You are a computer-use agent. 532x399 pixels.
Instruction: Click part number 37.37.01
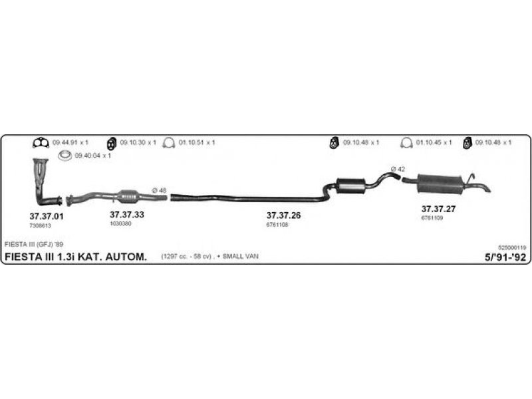click(x=46, y=216)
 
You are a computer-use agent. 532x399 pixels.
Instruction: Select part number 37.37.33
click(x=126, y=214)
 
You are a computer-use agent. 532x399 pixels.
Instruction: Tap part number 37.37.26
click(x=283, y=215)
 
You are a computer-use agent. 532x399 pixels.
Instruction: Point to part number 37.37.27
click(x=438, y=209)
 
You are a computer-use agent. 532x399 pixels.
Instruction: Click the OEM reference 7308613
click(x=40, y=225)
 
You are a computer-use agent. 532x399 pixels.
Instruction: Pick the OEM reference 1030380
click(x=120, y=224)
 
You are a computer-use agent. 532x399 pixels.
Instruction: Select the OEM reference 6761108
click(x=277, y=225)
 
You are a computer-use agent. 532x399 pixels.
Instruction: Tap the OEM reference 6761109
click(x=432, y=218)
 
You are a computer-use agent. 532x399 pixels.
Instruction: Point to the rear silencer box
click(x=440, y=184)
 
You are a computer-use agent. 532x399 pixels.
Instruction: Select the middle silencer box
click(x=350, y=186)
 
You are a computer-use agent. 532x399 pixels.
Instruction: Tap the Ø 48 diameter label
click(x=159, y=191)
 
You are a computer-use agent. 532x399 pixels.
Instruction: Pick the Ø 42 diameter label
click(x=398, y=169)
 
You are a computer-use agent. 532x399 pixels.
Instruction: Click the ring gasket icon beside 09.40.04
click(x=65, y=156)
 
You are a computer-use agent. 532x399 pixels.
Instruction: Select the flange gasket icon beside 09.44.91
click(x=41, y=143)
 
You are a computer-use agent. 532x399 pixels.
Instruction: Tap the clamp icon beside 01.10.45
click(x=406, y=143)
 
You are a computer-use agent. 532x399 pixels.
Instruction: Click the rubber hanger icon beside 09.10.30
click(x=112, y=144)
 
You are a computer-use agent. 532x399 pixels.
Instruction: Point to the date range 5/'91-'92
click(x=505, y=257)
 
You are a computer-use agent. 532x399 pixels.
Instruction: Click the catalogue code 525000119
click(x=512, y=248)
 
